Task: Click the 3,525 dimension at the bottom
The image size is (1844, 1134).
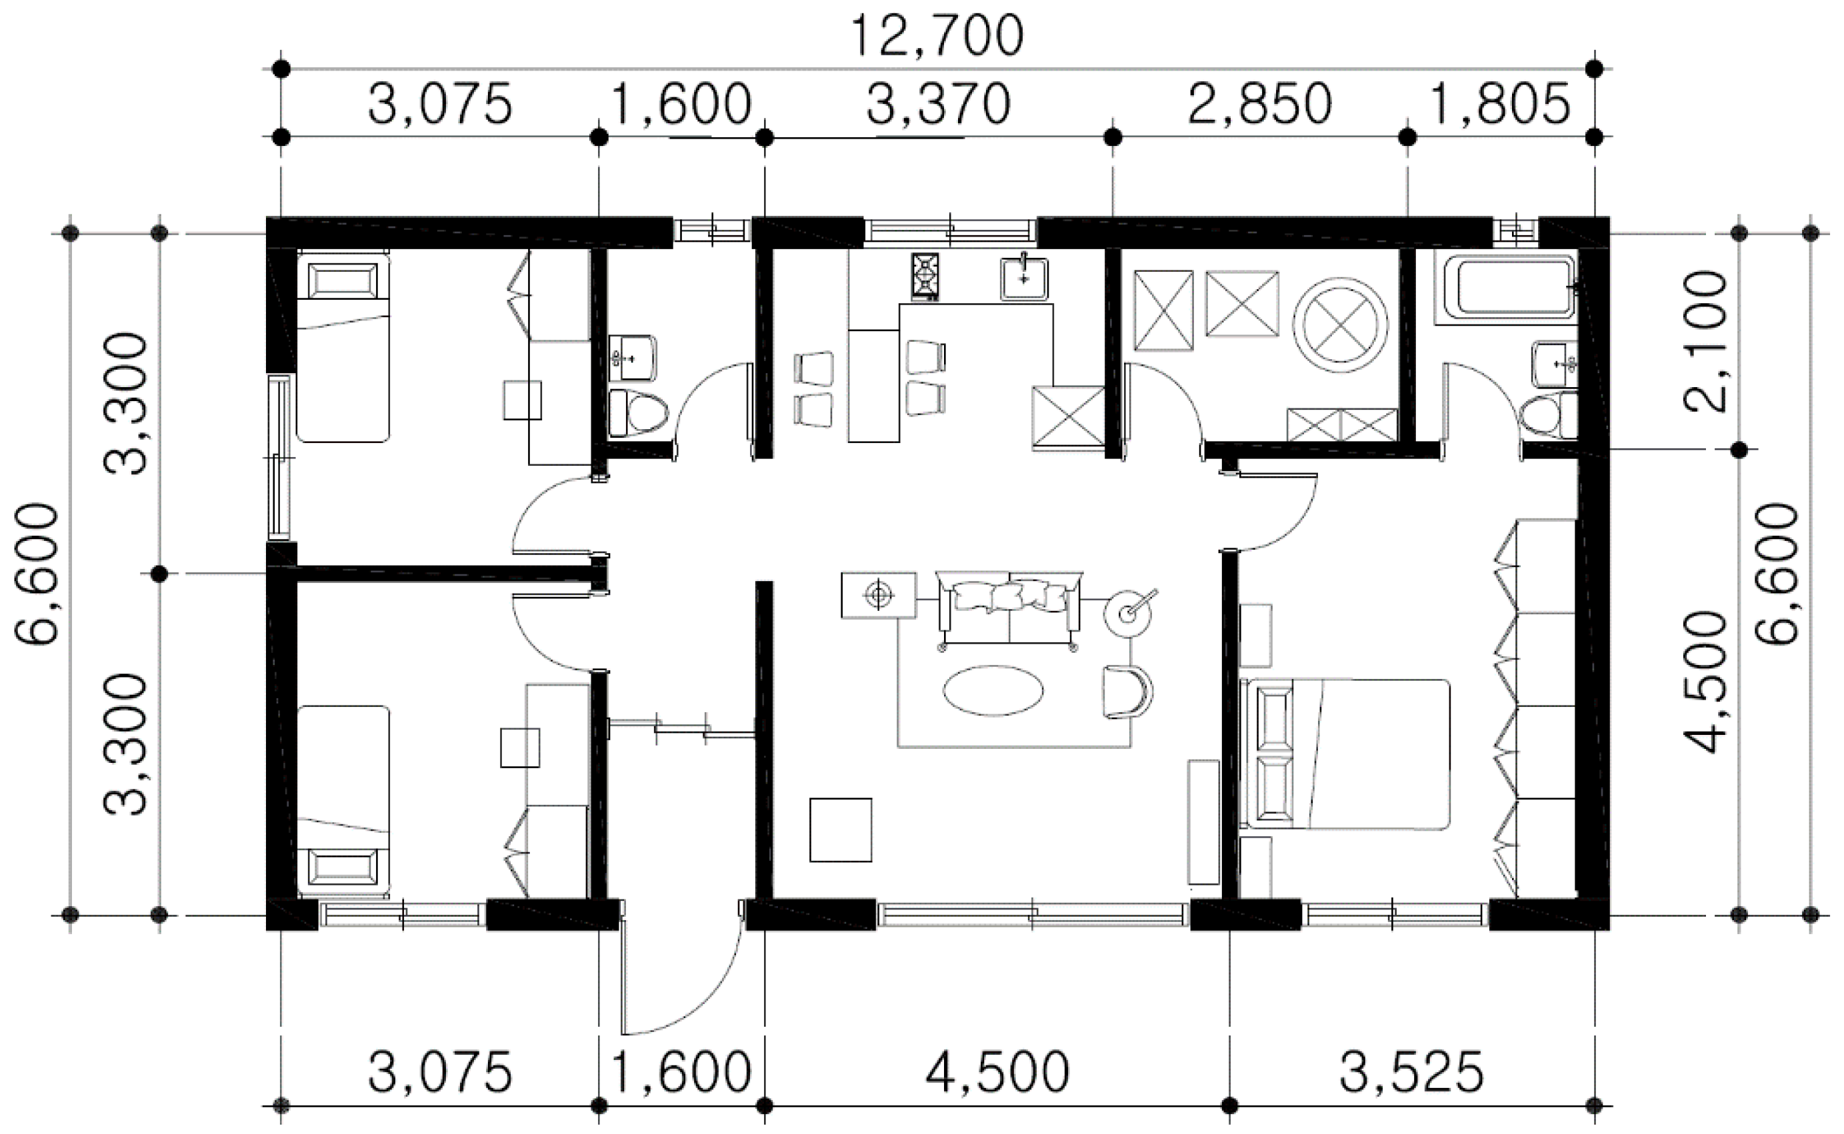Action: tap(1411, 1073)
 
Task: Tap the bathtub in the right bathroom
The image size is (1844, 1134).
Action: tap(1505, 288)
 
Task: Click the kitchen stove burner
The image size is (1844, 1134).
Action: tap(926, 276)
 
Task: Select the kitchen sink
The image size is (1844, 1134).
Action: tap(1024, 279)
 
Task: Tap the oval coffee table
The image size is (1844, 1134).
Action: tap(993, 691)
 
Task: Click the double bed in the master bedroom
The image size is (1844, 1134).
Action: tap(1345, 754)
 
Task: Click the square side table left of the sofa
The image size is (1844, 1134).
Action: tap(879, 595)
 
